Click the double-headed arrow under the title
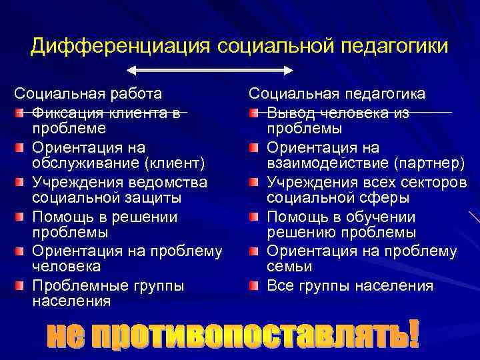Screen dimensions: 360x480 211,70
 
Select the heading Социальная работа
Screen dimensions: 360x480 88,94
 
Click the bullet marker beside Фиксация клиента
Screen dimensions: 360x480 22,112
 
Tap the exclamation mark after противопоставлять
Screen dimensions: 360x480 414,334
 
